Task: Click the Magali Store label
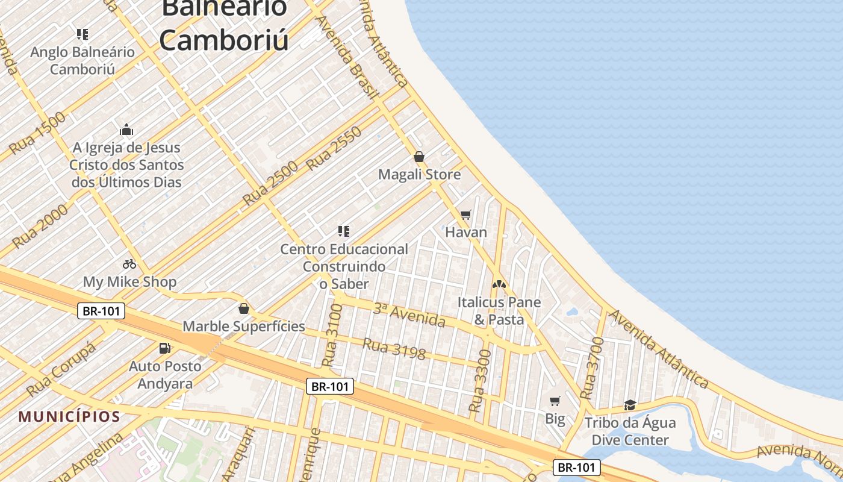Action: click(419, 175)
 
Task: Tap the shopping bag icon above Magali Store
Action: click(419, 157)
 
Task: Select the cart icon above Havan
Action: click(465, 215)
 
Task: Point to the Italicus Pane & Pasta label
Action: click(499, 310)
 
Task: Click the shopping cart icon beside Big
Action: click(555, 401)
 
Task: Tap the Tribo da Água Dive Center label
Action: click(630, 431)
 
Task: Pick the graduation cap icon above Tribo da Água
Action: click(630, 405)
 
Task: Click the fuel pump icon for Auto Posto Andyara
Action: click(164, 348)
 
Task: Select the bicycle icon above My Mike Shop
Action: click(129, 264)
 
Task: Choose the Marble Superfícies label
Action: click(243, 327)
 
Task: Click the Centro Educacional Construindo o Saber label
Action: click(344, 266)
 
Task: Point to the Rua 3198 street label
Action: click(394, 349)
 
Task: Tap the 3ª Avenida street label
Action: click(409, 315)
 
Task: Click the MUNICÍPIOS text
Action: click(69, 416)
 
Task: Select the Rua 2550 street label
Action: click(334, 148)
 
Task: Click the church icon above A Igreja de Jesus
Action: click(126, 130)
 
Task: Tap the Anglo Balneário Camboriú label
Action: click(82, 60)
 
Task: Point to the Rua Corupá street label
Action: click(61, 369)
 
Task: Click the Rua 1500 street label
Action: click(38, 133)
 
